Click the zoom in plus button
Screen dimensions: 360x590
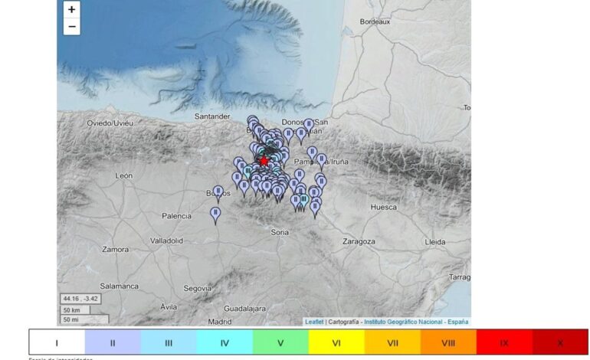coord(72,10)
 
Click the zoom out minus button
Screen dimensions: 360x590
coord(72,27)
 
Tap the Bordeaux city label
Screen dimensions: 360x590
coord(375,22)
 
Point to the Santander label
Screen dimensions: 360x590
coord(213,116)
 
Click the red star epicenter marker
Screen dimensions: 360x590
coord(264,162)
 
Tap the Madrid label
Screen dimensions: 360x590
coord(220,322)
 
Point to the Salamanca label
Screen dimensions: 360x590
coord(118,286)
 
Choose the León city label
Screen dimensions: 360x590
coord(124,175)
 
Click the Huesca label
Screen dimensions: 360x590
coord(383,207)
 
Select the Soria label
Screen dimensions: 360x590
coord(280,231)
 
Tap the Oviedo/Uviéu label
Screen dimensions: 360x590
coord(110,123)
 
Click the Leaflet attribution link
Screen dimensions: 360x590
coord(314,322)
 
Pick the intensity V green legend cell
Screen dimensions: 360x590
coord(280,342)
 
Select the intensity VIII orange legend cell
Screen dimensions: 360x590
coord(448,342)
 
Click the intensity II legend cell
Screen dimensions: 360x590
coord(113,342)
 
